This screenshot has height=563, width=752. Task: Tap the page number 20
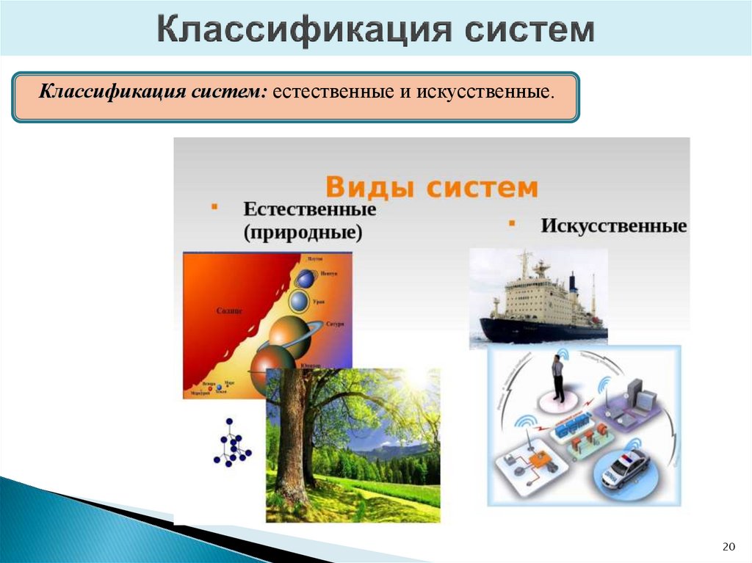coord(728,546)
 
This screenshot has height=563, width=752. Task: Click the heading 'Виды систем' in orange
coord(431,186)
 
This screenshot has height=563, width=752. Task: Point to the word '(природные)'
coord(303,233)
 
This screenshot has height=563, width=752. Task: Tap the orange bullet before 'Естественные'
coord(214,208)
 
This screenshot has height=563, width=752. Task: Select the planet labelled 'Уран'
coord(298,300)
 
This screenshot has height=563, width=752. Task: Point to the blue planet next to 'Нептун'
coord(305,278)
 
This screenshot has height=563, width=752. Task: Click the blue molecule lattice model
coord(232,446)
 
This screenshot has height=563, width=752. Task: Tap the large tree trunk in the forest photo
coord(292,440)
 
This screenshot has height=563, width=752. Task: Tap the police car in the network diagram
coord(625,469)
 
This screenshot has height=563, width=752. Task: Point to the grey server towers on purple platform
coord(643,401)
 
